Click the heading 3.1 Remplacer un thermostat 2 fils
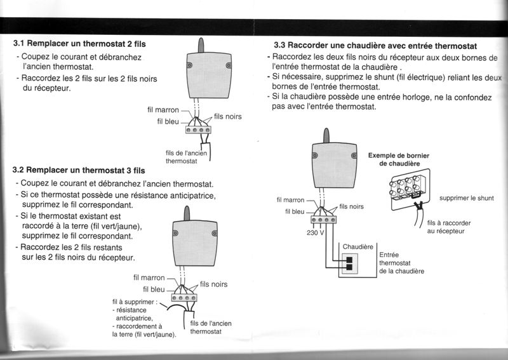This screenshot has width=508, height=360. tap(79, 44)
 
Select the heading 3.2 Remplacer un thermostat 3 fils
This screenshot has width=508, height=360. tap(79, 171)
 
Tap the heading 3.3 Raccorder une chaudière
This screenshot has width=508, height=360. tap(375, 46)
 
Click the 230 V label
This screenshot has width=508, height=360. tap(316, 232)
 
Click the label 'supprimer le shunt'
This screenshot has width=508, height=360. tap(466, 198)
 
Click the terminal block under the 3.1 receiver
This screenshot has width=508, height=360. tap(197, 130)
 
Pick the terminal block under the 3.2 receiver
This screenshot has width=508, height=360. tap(184, 297)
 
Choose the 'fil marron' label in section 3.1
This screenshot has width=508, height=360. tap(163, 110)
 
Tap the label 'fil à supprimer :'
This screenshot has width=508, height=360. tap(134, 302)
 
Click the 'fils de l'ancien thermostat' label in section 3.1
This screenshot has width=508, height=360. tap(186, 157)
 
